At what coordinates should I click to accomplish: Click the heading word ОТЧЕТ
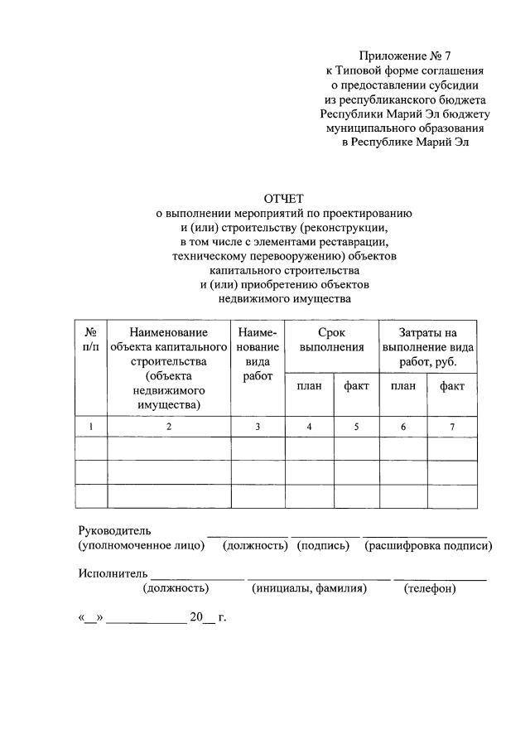pos(284,198)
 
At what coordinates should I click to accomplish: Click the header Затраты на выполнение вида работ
pos(427,347)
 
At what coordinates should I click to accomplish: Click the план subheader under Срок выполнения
pos(309,385)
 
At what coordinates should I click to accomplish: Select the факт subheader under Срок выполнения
pos(356,385)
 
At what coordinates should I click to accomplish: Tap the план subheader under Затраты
pos(403,385)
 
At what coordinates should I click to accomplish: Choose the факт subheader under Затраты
pos(452,385)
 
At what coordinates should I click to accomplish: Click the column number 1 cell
pos(91,426)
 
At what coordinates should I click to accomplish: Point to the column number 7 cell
pos(452,426)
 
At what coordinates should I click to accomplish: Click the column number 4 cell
pos(309,426)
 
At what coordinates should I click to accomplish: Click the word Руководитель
pos(114,530)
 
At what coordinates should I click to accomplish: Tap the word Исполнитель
pos(113,573)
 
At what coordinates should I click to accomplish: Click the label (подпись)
pos(323,546)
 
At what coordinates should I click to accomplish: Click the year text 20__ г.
pos(208,616)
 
